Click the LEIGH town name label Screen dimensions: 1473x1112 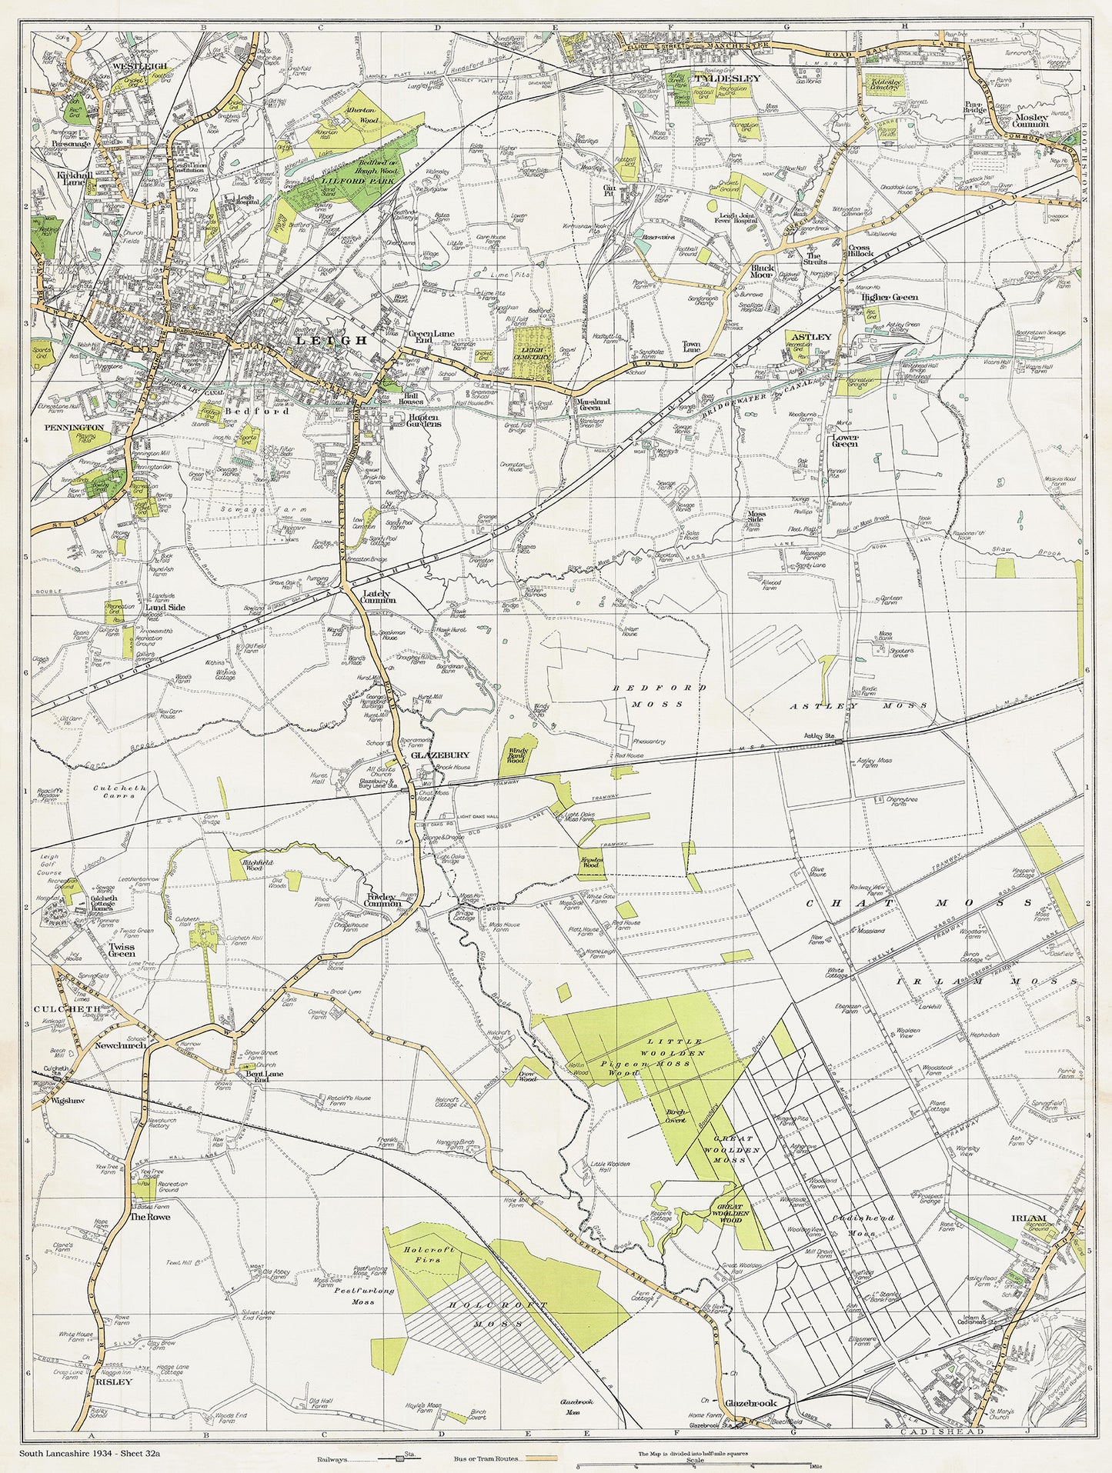(322, 339)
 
